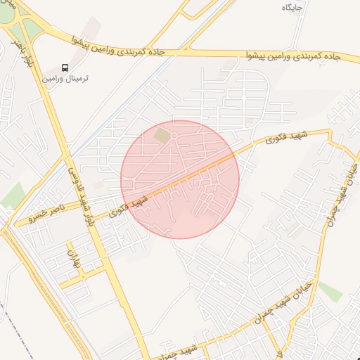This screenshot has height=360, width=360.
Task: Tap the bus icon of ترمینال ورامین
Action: (65, 67)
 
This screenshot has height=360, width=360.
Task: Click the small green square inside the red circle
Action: (162, 134)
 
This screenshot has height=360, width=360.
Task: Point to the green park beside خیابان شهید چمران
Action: (330, 292)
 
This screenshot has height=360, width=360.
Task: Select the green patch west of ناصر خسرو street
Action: (11, 195)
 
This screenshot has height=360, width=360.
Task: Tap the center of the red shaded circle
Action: (180, 179)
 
